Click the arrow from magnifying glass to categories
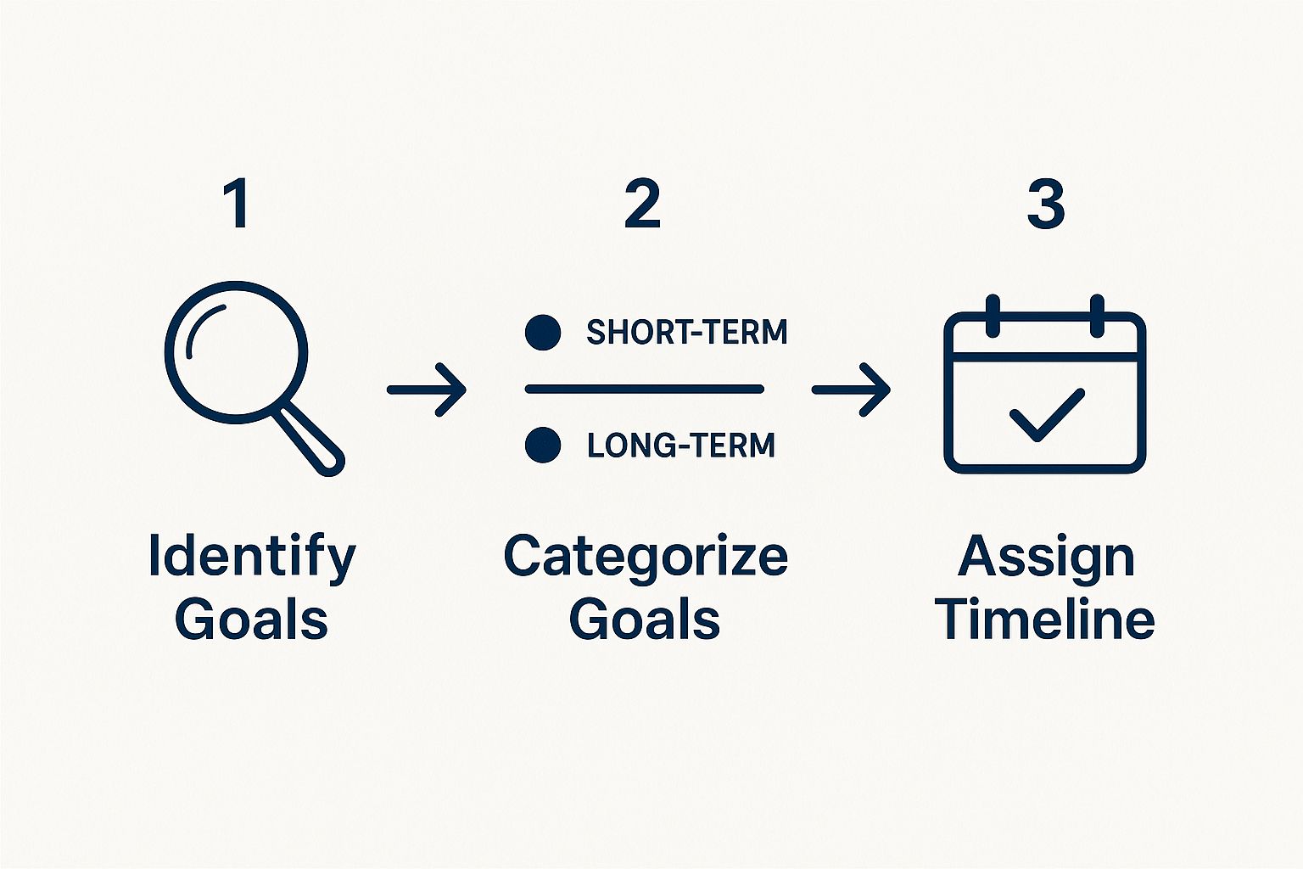(x=427, y=390)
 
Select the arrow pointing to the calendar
(x=851, y=390)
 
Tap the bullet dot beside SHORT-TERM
(x=543, y=333)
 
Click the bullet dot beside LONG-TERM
(x=543, y=445)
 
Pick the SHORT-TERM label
(x=687, y=333)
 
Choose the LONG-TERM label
(x=681, y=446)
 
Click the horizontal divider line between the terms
(x=645, y=389)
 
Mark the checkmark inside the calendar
(x=1047, y=414)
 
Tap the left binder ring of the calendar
(x=993, y=316)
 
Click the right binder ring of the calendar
(x=1097, y=316)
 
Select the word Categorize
(x=646, y=557)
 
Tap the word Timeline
(x=1047, y=618)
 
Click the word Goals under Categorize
(x=645, y=618)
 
